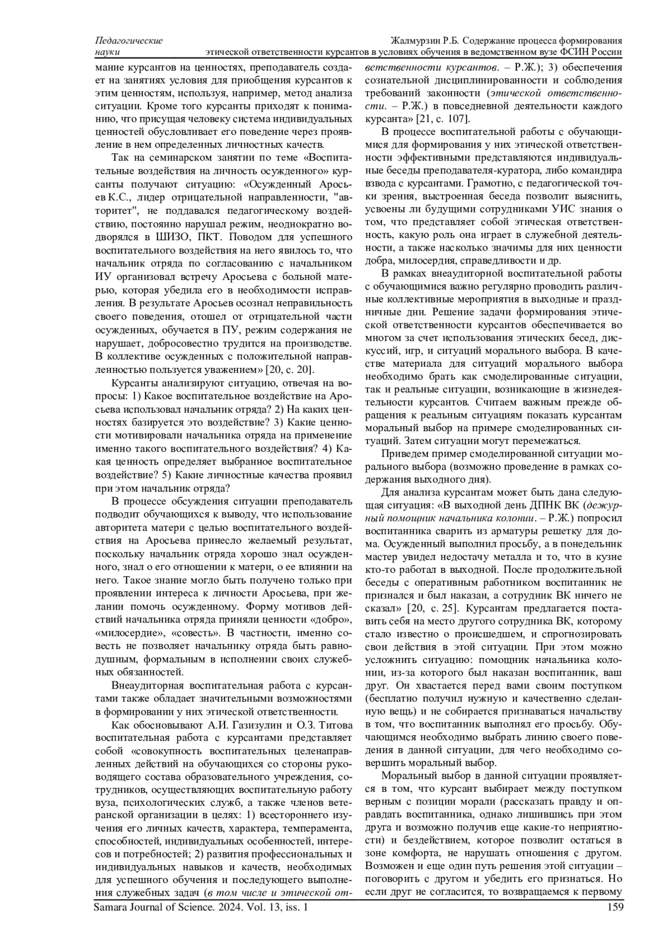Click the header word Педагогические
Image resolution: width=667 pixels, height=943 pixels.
(x=129, y=41)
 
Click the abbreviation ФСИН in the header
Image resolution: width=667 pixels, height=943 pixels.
(x=575, y=53)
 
